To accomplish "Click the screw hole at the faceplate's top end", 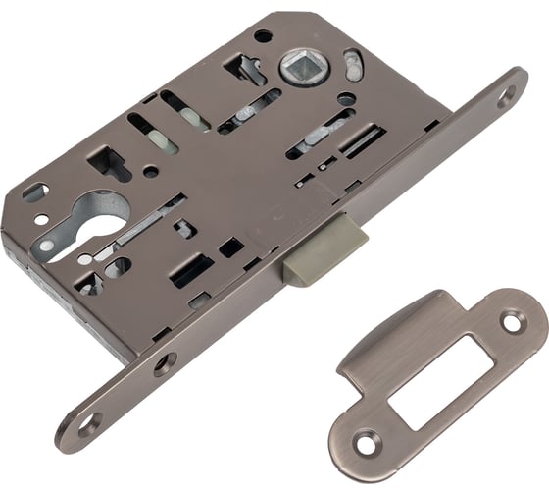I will [x=507, y=95].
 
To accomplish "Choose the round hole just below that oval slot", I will [x=345, y=98].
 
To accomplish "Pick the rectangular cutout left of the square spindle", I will [x=240, y=68].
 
